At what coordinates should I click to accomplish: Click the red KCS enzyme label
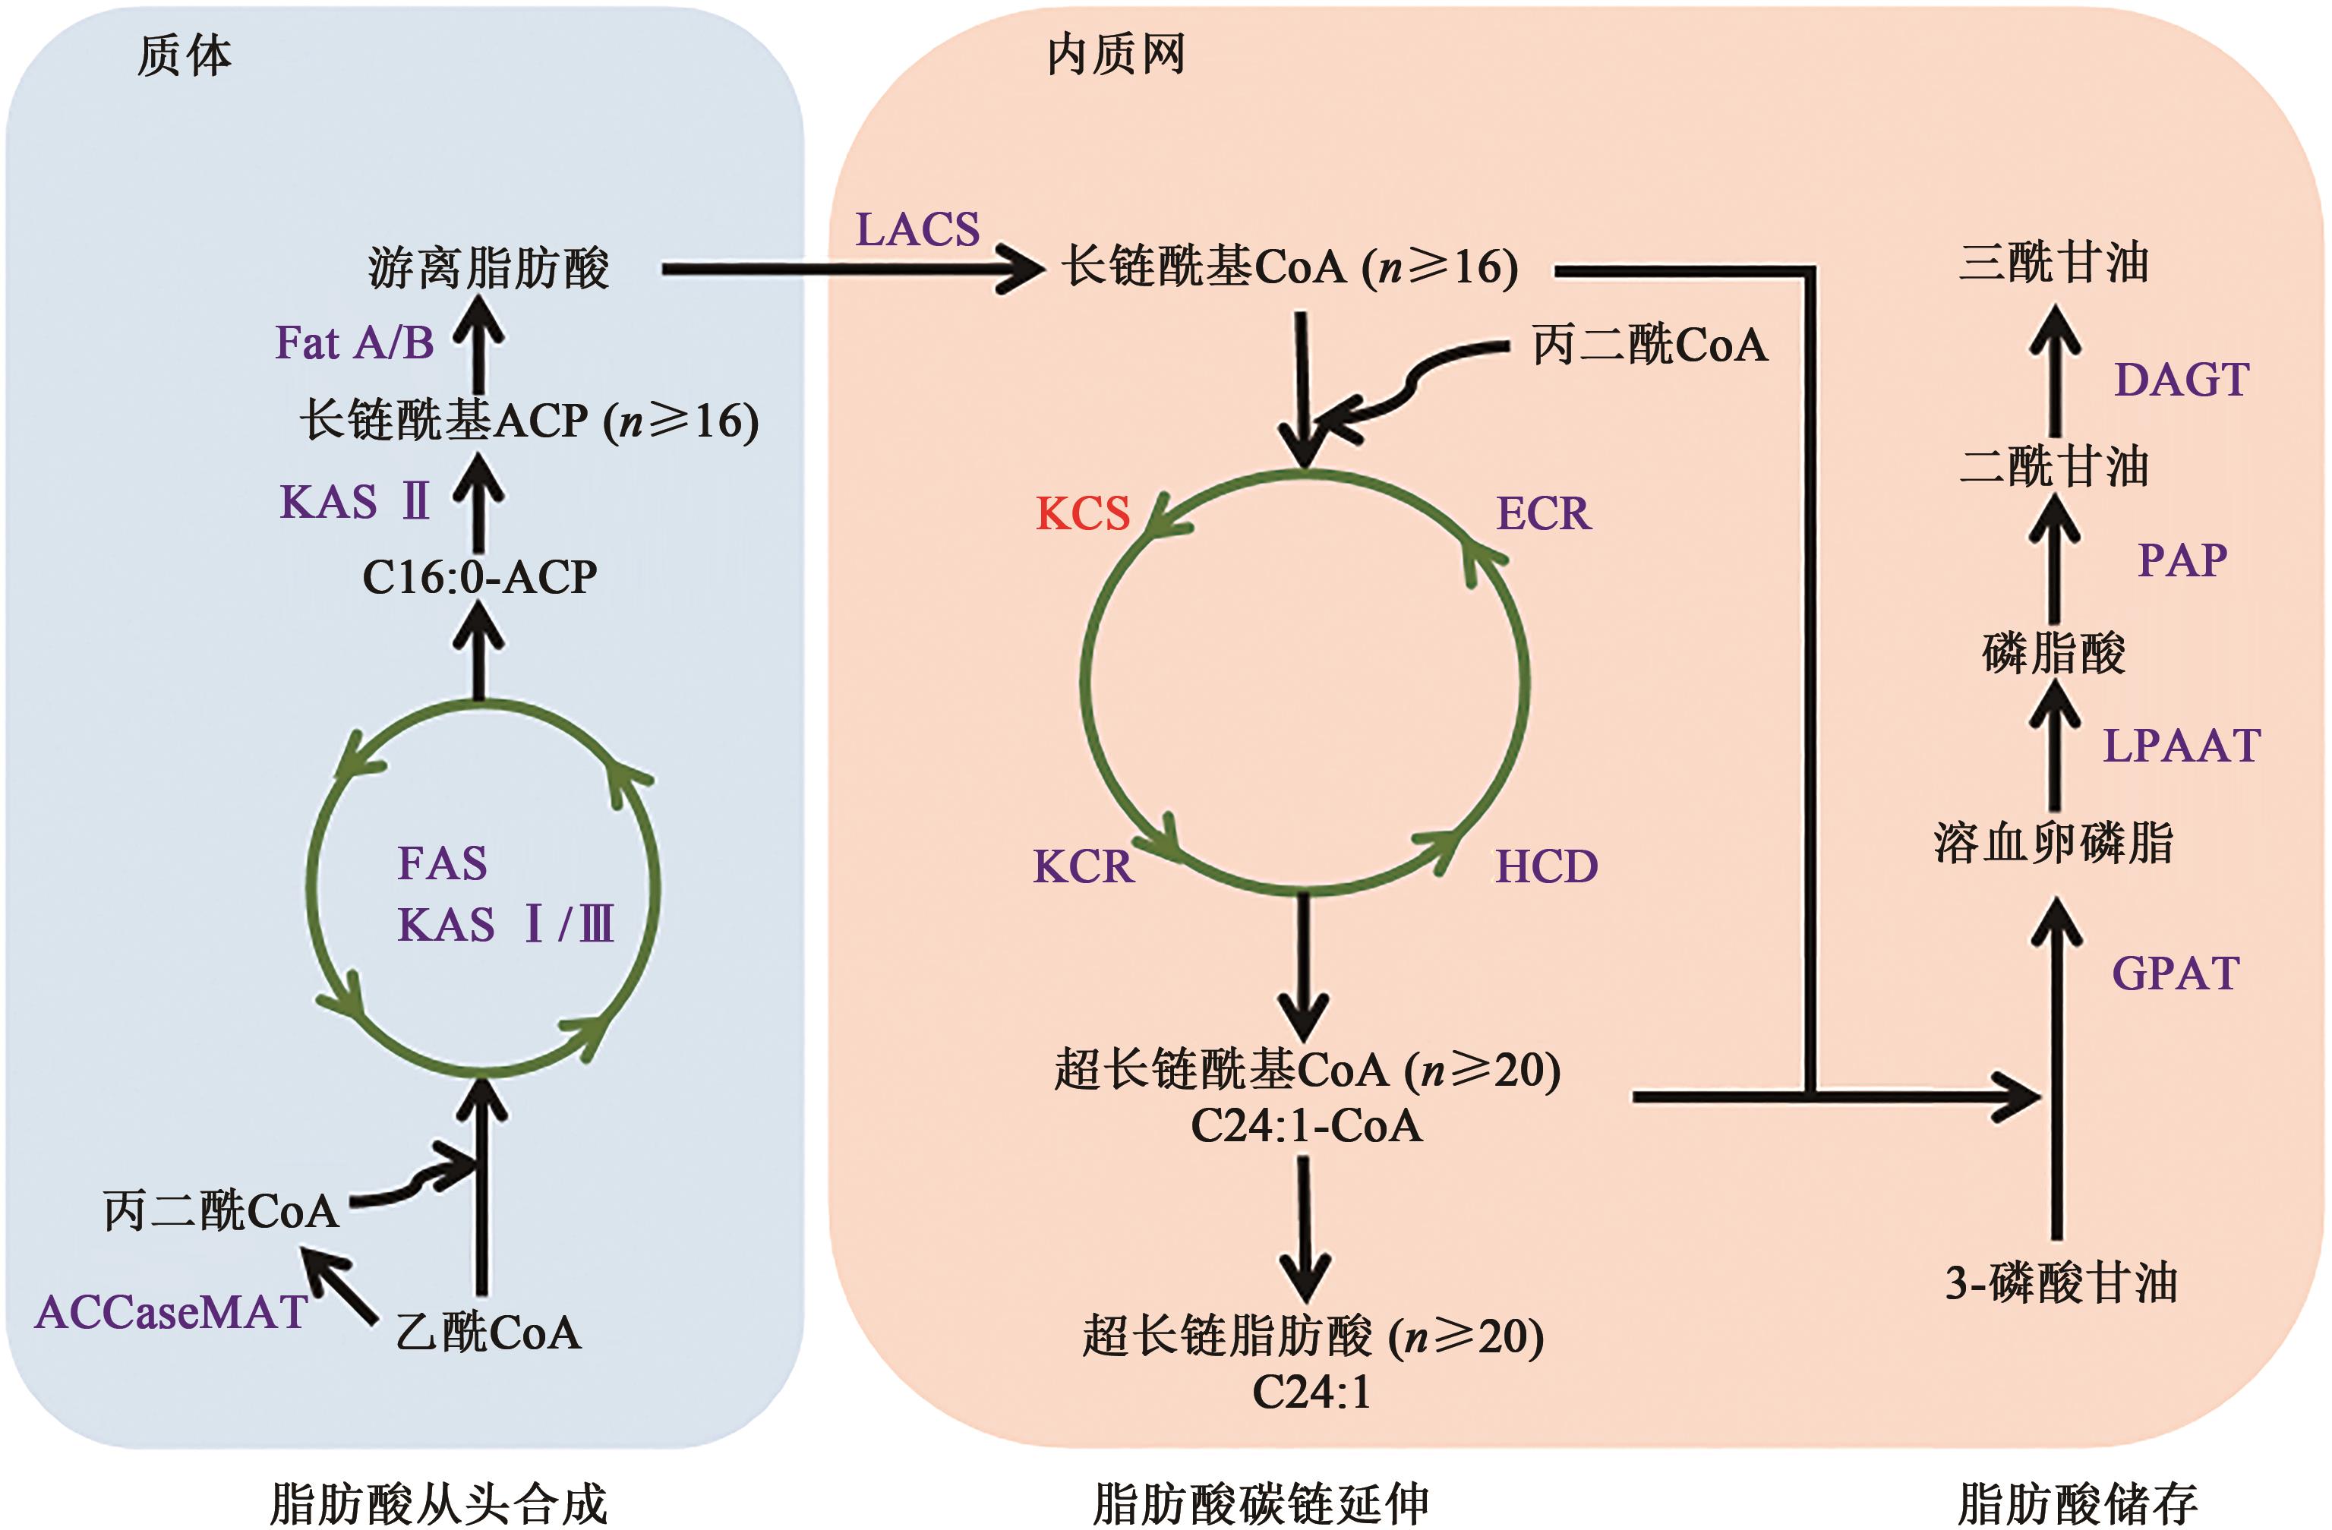(1083, 514)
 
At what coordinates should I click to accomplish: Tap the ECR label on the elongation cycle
(1543, 514)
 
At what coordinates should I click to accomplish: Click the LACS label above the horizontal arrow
(917, 230)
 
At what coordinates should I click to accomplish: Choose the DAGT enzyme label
(2181, 380)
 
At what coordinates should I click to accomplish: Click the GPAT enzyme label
(2176, 973)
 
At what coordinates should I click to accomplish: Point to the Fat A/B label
(355, 344)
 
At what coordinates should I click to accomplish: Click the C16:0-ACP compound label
(479, 577)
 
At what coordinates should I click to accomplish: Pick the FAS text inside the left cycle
(442, 864)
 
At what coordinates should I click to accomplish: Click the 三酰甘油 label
(2054, 263)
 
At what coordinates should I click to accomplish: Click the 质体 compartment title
(185, 56)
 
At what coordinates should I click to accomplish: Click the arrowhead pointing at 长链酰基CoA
(1024, 267)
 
